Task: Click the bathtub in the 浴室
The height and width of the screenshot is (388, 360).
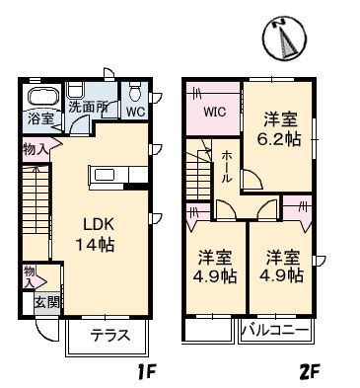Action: click(42, 97)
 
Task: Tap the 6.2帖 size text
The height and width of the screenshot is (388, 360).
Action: click(278, 141)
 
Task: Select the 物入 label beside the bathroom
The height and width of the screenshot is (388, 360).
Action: click(34, 150)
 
